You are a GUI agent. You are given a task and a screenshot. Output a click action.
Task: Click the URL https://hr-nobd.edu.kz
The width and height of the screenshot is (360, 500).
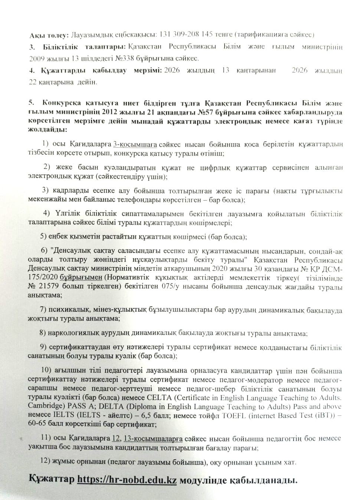click(127, 479)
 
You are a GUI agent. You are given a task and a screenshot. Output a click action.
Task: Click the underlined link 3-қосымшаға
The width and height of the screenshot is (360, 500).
click(135, 144)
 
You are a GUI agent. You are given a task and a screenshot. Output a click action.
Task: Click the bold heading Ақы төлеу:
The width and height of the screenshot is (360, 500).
click(49, 35)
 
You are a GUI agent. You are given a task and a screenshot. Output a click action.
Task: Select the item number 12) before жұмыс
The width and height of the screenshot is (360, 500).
click(45, 461)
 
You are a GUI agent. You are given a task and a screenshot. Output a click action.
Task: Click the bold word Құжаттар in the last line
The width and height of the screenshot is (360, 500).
click(52, 479)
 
